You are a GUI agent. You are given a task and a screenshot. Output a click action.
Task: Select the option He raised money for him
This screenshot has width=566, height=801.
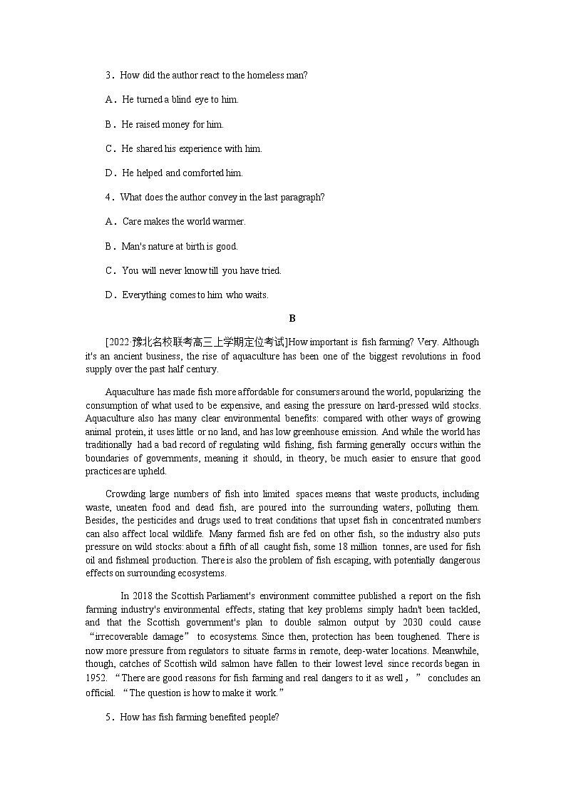click(173, 124)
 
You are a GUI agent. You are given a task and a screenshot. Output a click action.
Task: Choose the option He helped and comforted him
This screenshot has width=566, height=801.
click(182, 173)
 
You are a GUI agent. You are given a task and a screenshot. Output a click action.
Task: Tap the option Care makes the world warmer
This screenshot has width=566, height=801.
click(184, 221)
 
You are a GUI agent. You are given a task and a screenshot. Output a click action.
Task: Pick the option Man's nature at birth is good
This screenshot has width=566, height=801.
click(180, 246)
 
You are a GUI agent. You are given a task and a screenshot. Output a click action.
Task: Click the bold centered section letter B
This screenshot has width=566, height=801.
click(292, 319)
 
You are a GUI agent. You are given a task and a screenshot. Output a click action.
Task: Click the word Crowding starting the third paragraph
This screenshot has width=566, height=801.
click(125, 494)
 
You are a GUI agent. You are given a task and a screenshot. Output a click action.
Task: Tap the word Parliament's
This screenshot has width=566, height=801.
click(222, 596)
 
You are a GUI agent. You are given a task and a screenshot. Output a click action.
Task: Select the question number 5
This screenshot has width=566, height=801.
click(110, 718)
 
